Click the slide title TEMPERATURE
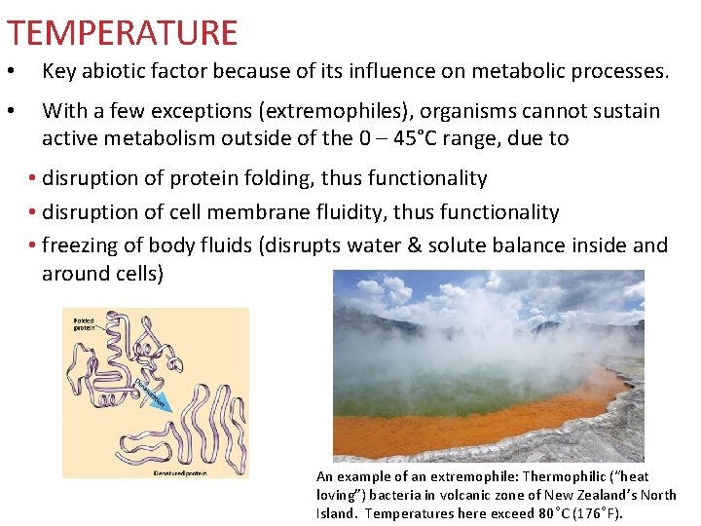(122, 33)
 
